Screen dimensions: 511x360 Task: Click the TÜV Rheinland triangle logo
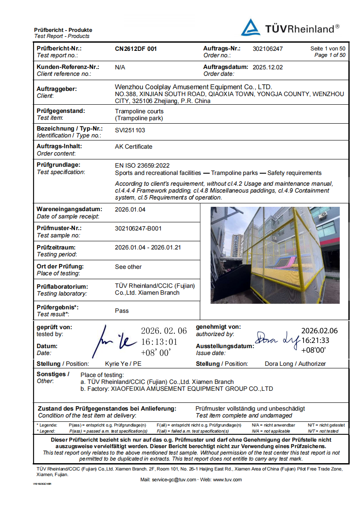251,28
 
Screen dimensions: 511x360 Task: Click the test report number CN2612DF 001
136,49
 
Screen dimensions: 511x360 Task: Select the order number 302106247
268,49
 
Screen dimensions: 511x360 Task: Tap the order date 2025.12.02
268,67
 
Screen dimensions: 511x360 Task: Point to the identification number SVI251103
130,129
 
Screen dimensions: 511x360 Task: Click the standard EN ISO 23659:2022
142,165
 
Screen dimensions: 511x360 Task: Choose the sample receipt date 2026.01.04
130,209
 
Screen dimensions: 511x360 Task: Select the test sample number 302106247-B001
138,228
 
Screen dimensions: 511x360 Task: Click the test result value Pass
122,311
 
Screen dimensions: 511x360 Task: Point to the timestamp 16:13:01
159,342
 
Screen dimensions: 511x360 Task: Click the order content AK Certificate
133,146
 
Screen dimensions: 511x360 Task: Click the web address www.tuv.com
227,480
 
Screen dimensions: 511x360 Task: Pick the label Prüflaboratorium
62,287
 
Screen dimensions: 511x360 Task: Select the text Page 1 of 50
330,55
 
